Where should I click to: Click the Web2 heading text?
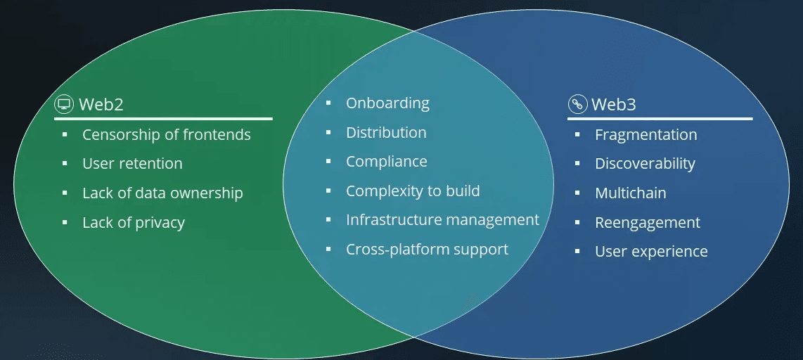click(x=101, y=105)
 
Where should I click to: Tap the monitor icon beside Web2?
click(x=64, y=105)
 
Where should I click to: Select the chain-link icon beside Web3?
click(x=577, y=105)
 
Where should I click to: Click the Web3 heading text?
click(x=614, y=105)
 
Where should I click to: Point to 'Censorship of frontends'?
click(x=166, y=134)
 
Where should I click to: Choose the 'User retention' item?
click(x=132, y=164)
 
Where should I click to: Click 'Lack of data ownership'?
click(x=162, y=193)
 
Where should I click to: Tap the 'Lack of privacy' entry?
click(x=134, y=223)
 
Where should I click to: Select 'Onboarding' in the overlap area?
click(x=387, y=103)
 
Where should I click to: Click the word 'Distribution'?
click(x=386, y=133)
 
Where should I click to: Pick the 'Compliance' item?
click(x=386, y=162)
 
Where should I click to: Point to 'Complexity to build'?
click(x=413, y=191)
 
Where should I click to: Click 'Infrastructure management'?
click(x=442, y=220)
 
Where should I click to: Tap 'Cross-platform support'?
click(x=427, y=250)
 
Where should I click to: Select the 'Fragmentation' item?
click(x=645, y=135)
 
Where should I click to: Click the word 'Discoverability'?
click(x=645, y=164)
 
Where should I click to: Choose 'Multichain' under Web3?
click(x=630, y=193)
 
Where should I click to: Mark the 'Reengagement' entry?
click(x=647, y=223)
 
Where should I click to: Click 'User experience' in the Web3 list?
click(x=651, y=252)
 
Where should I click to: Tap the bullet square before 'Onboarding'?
click(x=328, y=103)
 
